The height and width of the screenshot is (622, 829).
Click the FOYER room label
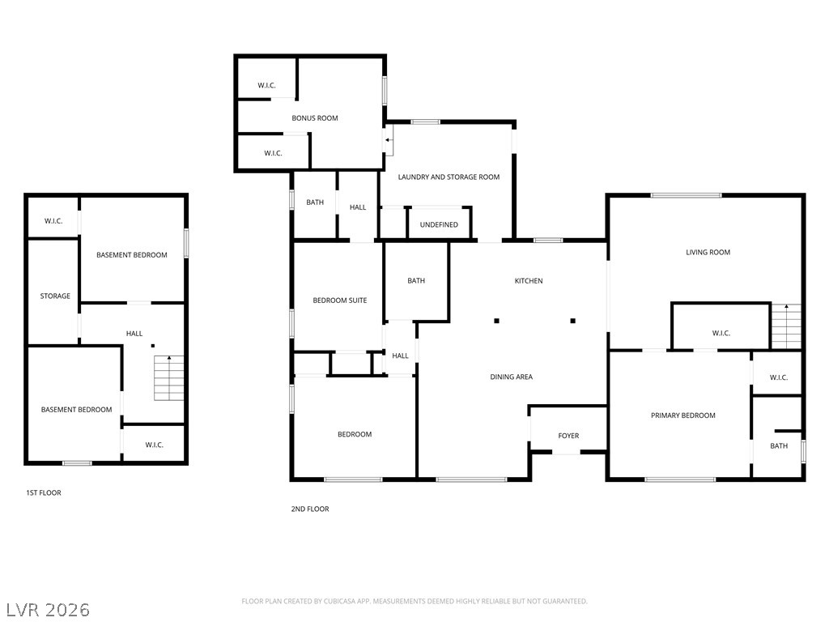[x=568, y=436]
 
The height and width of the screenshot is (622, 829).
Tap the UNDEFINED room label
[x=439, y=225]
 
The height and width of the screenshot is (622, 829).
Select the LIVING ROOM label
[x=708, y=253]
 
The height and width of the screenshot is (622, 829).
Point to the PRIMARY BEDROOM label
[x=683, y=415]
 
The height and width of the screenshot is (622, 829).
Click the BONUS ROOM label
[x=315, y=118]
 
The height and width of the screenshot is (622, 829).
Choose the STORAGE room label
[x=55, y=296]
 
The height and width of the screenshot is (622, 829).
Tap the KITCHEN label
[x=529, y=281]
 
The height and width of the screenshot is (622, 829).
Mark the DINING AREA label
[x=512, y=377]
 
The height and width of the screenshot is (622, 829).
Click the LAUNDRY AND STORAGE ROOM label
[x=449, y=177]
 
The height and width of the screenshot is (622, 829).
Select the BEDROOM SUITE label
[x=340, y=300]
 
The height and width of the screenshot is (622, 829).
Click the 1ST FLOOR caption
[x=44, y=493]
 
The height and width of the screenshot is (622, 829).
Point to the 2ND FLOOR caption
[x=310, y=509]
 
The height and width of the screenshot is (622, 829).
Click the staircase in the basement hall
[x=169, y=378]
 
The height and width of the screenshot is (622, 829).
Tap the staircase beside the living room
[x=787, y=326]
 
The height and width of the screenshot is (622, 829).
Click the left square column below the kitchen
[x=496, y=321]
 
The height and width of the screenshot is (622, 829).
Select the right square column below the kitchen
[x=572, y=321]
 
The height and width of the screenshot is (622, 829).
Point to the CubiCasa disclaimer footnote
[x=414, y=602]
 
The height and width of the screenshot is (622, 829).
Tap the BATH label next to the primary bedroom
[x=779, y=446]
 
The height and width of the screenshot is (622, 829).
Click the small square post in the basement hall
[x=153, y=346]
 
